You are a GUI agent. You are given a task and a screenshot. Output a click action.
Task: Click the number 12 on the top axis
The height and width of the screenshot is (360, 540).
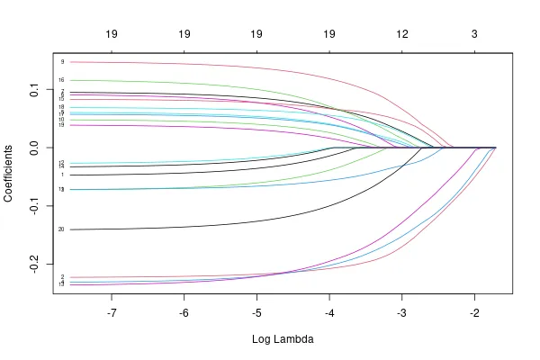coord(401,34)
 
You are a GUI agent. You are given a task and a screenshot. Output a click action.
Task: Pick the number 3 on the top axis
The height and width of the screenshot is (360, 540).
coord(474,34)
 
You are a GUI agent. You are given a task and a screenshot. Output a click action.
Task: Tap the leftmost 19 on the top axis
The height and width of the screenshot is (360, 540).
coord(112,34)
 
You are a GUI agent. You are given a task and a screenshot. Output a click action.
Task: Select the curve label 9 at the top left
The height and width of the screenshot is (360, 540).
coord(62,62)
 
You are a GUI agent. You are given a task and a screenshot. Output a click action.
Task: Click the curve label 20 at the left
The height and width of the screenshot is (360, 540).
coord(61,229)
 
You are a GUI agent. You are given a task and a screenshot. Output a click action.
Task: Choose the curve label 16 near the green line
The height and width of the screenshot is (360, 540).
coord(61,81)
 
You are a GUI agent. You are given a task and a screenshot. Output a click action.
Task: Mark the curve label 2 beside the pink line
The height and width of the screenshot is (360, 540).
coord(62,277)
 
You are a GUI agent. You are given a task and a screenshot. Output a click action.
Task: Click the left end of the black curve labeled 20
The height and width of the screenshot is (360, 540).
coord(70,229)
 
